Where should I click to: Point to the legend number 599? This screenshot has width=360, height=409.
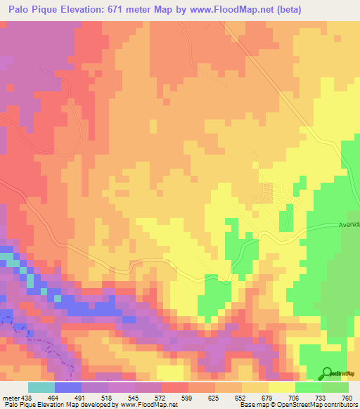(x=188, y=397)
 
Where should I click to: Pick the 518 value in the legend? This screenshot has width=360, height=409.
(x=108, y=397)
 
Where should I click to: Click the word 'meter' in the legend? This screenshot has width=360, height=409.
(x=8, y=397)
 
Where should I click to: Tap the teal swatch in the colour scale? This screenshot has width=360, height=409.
(x=41, y=387)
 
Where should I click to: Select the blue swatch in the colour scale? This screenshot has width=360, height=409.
(x=68, y=387)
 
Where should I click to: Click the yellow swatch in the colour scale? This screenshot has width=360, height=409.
(x=282, y=387)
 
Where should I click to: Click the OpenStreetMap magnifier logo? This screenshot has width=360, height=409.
(x=328, y=372)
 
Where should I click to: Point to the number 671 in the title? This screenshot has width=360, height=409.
(x=146, y=9)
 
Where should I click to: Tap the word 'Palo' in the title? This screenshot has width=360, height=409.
(x=21, y=9)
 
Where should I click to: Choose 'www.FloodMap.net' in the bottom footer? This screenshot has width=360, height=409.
(x=148, y=405)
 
